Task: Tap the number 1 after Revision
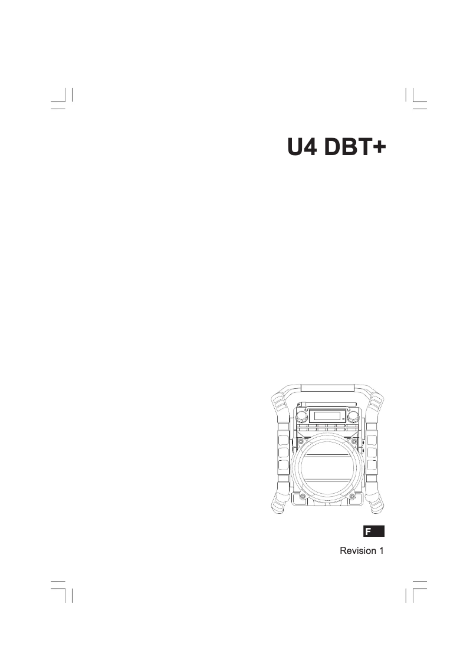point(381,550)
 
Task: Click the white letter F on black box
point(368,532)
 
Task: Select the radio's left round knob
point(301,417)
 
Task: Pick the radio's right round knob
point(354,417)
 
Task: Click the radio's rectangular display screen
point(327,415)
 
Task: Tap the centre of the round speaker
point(327,470)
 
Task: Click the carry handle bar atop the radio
point(327,388)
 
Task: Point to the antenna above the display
point(330,406)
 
